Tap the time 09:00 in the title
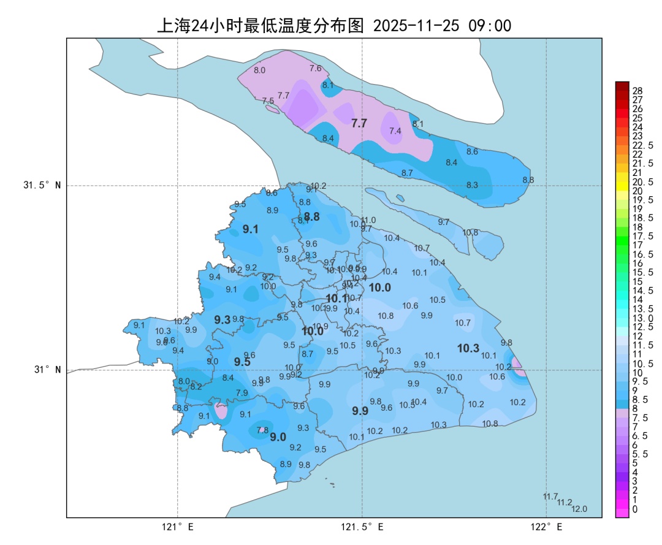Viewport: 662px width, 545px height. tap(490, 26)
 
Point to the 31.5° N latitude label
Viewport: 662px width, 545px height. tap(42, 185)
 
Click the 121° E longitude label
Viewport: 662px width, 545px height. tap(178, 527)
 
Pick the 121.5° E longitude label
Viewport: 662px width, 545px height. tap(362, 527)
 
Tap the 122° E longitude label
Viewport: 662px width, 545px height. tap(547, 527)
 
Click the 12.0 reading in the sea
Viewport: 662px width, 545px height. tap(579, 509)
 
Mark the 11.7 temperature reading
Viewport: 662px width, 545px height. tap(550, 496)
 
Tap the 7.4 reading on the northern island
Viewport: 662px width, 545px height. tap(395, 131)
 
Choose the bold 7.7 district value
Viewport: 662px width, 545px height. tap(359, 123)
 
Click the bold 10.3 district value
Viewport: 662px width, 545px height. tap(468, 348)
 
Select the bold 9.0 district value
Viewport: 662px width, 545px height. tap(278, 437)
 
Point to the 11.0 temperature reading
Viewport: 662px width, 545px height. tap(368, 220)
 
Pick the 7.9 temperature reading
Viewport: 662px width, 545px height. tap(242, 392)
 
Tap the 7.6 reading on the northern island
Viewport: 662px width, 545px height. tap(316, 68)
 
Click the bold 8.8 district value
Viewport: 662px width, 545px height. tap(312, 216)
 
